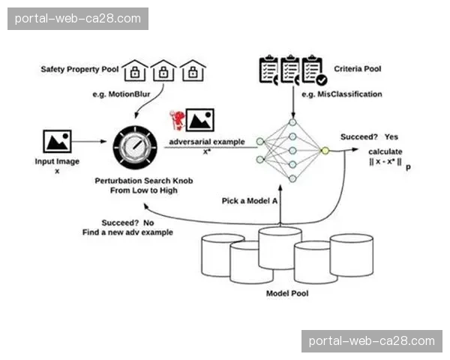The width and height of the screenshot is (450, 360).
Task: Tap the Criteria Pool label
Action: pos(356,69)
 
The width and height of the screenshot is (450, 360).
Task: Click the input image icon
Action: pos(57,140)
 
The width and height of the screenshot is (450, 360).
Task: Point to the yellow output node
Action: pos(325,150)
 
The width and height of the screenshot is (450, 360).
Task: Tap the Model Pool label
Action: pos(287,293)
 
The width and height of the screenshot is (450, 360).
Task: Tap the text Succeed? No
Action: pos(127,223)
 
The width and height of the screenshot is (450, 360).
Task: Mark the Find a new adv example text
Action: pos(127,233)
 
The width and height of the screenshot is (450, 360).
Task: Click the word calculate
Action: pos(385,151)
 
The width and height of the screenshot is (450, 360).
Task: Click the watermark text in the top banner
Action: pos(77,18)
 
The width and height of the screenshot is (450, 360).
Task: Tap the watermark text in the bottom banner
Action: pos(372,341)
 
